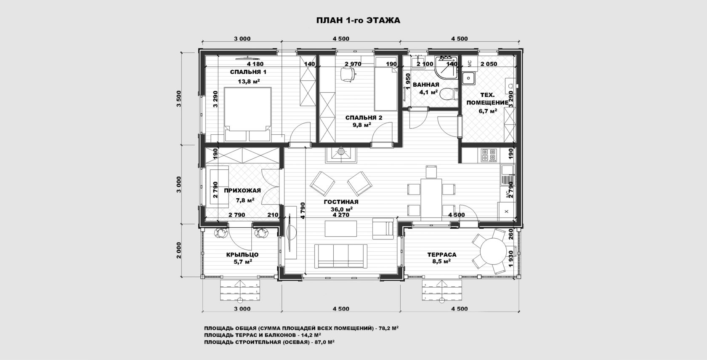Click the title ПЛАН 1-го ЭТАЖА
[x=358, y=21]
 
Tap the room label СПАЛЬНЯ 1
[x=248, y=72]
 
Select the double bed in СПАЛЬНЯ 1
[x=248, y=114]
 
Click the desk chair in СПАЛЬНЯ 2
[x=348, y=75]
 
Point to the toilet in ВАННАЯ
[x=449, y=94]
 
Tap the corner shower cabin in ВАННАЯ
[x=446, y=67]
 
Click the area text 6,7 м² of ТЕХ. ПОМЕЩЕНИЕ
[x=488, y=111]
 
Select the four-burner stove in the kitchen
[x=489, y=155]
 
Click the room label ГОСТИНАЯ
[x=341, y=202]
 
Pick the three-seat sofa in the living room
[x=341, y=256]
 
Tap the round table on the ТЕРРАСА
[x=493, y=251]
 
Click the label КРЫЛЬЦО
[x=242, y=255]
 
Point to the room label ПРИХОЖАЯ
[x=242, y=190]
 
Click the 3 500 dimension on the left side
[x=179, y=99]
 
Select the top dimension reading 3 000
[x=242, y=39]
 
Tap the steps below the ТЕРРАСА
[x=442, y=290]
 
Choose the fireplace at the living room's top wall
[x=341, y=155]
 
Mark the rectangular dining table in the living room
[x=431, y=199]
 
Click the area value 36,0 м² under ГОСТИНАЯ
[x=342, y=209]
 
